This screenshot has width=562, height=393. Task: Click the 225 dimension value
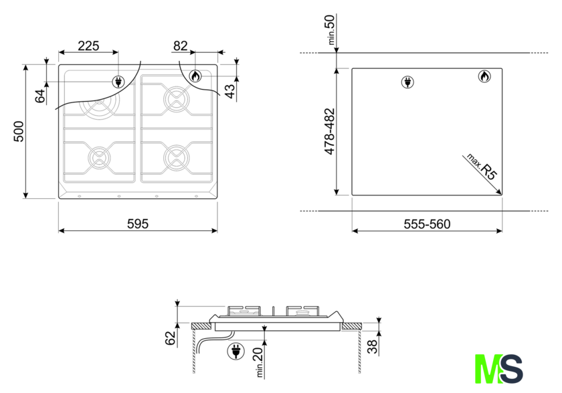tap(88, 46)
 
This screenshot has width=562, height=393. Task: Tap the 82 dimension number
tap(180, 46)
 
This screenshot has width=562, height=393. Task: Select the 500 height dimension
tap(19, 132)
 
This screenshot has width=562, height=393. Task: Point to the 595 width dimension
tap(138, 224)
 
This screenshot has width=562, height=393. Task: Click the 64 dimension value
tap(40, 96)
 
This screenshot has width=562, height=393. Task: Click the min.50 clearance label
tap(331, 29)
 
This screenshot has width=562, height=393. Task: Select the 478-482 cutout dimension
tap(329, 132)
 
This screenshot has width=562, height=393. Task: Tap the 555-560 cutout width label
tap(427, 224)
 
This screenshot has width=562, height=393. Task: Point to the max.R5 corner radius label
tap(482, 167)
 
